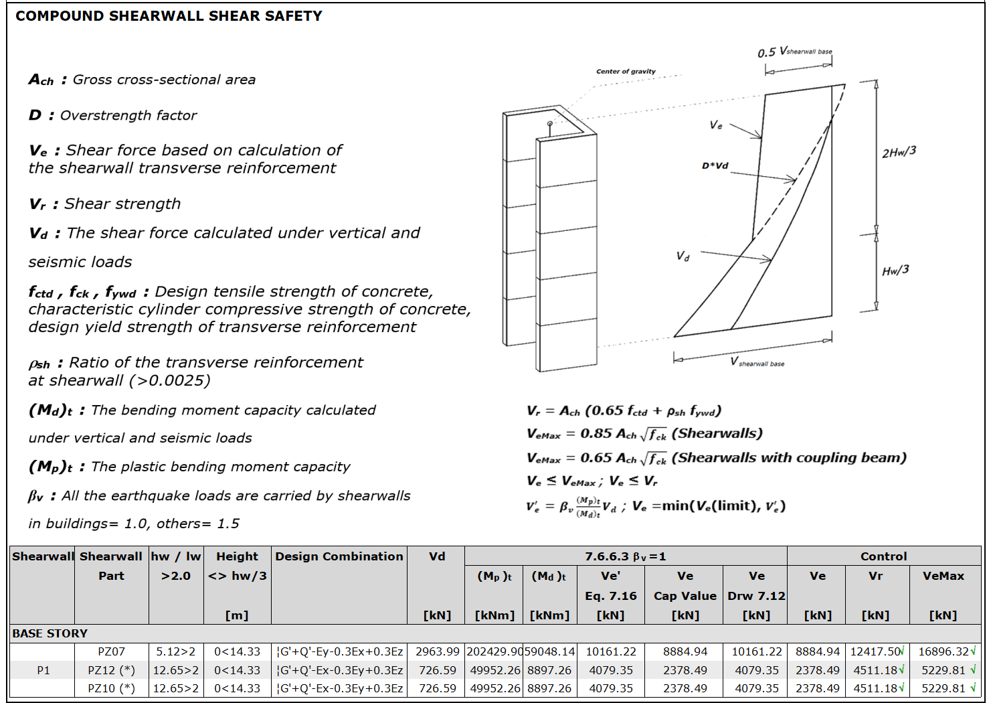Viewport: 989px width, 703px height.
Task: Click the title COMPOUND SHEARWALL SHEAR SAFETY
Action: coord(169,16)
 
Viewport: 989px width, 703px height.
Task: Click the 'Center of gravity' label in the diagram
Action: coord(626,71)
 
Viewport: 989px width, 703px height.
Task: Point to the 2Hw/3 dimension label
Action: coord(899,152)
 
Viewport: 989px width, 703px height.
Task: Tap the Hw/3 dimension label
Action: coord(895,270)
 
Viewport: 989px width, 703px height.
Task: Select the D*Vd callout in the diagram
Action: coord(715,165)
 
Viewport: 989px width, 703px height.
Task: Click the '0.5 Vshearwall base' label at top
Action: coord(794,52)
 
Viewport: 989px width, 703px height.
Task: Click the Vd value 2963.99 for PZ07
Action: coord(437,651)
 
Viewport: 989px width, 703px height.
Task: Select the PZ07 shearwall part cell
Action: coord(111,651)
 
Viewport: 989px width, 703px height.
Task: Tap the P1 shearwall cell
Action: coord(43,670)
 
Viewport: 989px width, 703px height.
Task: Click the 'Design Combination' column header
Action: coord(339,556)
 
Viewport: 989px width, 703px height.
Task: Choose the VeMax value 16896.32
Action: coord(943,651)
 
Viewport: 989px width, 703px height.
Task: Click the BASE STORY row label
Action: coord(50,633)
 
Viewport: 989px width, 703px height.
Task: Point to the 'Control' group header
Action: coord(883,556)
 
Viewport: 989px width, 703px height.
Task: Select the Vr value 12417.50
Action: coord(875,651)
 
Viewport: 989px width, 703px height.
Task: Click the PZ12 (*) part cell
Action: coord(111,670)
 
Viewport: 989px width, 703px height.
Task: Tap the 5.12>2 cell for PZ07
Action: coord(175,651)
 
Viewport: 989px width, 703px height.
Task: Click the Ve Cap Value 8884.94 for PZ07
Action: coord(685,651)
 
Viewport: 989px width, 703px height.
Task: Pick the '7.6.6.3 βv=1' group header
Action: coord(625,556)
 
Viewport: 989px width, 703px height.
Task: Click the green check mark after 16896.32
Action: coord(973,651)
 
